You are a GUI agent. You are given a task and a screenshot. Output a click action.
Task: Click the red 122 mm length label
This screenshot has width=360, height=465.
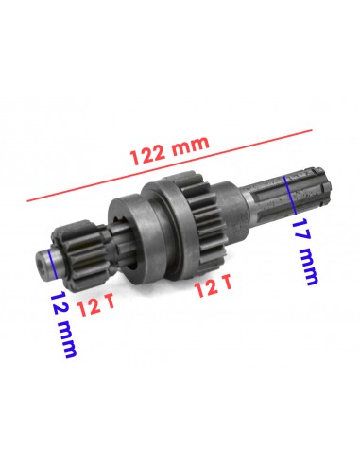(x=169, y=150)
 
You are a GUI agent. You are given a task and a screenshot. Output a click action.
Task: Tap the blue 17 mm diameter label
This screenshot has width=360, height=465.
(x=305, y=251)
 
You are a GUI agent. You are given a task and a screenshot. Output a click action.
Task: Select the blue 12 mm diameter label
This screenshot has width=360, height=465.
(x=63, y=324)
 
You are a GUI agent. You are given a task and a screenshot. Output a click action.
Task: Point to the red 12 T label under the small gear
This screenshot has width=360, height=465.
(x=95, y=305)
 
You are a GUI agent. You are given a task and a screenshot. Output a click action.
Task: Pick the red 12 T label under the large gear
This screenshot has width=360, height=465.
(x=213, y=285)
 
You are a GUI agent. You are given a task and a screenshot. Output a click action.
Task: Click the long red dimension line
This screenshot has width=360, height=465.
(x=169, y=165)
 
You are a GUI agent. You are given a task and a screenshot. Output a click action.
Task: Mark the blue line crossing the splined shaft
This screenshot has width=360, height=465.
(x=290, y=195)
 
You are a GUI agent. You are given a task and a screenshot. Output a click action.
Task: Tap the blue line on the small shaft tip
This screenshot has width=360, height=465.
(x=52, y=264)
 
